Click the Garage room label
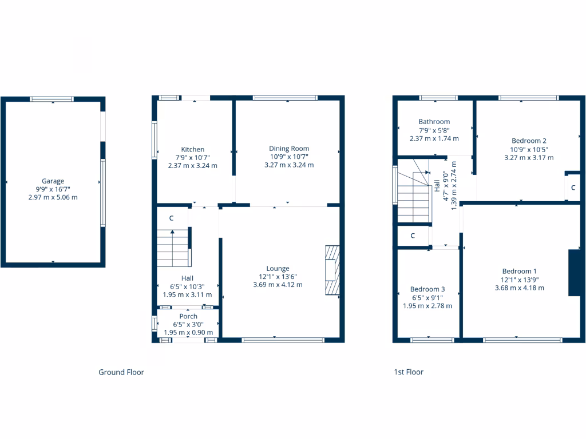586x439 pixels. click(53, 181)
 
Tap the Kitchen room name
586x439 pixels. click(193, 150)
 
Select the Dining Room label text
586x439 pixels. click(289, 149)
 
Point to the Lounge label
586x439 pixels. click(278, 269)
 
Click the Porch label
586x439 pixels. click(188, 316)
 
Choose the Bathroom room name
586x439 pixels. click(434, 122)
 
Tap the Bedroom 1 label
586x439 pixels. click(519, 272)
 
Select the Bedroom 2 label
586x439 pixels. click(529, 141)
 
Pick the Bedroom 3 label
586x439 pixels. click(427, 289)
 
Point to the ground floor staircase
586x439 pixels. click(173, 248)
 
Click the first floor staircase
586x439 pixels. click(413, 197)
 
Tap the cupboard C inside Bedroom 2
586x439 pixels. click(573, 187)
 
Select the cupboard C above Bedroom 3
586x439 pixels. click(413, 236)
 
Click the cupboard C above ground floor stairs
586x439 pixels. click(171, 218)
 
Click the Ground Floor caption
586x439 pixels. click(121, 372)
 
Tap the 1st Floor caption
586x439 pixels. click(409, 372)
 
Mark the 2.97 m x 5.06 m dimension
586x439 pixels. click(53, 197)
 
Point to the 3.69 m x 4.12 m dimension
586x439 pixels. click(278, 285)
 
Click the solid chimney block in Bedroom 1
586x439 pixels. click(574, 273)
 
